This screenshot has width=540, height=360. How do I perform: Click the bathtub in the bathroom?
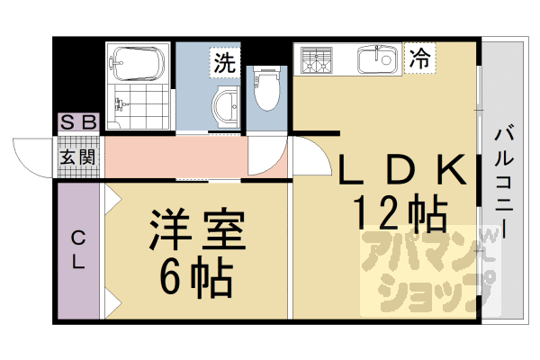coord(137,64)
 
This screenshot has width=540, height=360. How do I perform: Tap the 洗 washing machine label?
coord(224,63)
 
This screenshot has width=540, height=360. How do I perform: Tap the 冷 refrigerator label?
coord(418,59)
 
